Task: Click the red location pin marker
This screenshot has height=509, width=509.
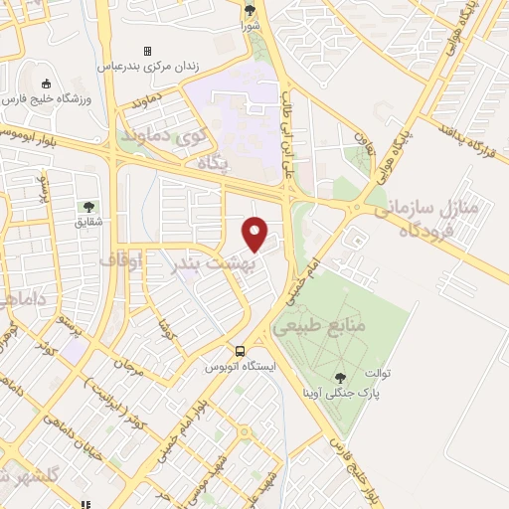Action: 256,233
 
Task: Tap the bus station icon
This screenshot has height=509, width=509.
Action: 240,351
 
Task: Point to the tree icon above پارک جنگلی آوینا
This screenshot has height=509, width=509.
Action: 342,378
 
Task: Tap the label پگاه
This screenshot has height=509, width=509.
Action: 215,161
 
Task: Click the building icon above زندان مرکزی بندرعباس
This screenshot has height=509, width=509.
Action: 147,51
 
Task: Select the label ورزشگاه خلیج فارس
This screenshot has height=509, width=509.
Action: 49,100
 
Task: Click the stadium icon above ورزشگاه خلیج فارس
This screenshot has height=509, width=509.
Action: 48,84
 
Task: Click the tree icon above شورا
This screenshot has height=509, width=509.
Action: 250,12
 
